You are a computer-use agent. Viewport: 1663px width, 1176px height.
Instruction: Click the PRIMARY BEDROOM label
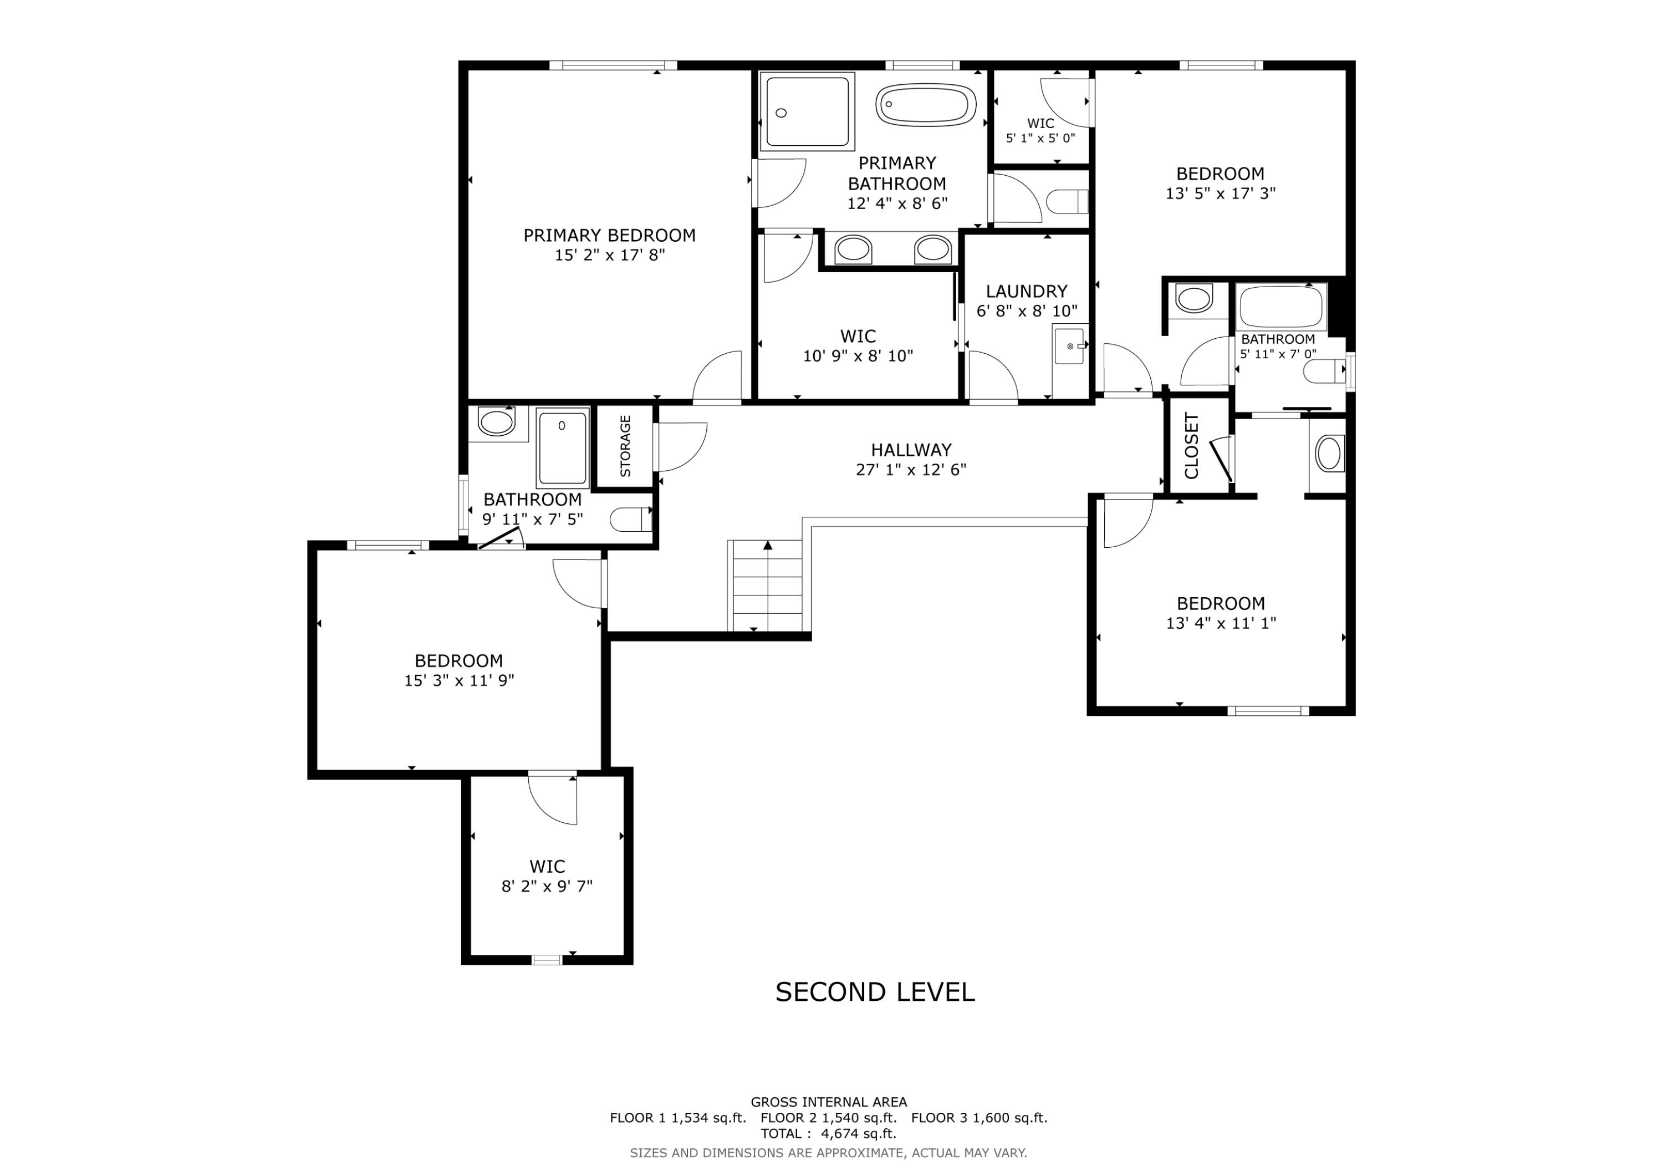(609, 236)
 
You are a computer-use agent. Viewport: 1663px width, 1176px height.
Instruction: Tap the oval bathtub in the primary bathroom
(926, 105)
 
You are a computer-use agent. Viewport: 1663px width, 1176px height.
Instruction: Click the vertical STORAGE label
(626, 446)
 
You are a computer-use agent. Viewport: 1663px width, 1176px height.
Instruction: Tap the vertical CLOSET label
(1191, 446)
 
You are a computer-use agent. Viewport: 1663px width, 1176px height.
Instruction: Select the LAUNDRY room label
(1026, 291)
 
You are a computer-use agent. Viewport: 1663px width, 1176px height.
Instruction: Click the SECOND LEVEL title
(874, 992)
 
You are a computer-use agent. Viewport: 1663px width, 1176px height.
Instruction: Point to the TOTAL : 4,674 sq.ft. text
(828, 1133)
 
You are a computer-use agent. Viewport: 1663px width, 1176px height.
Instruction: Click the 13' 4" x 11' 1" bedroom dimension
(1221, 623)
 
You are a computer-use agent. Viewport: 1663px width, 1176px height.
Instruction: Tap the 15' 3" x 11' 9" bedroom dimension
(458, 680)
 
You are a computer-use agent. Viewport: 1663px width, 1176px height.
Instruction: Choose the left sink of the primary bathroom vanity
(853, 250)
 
